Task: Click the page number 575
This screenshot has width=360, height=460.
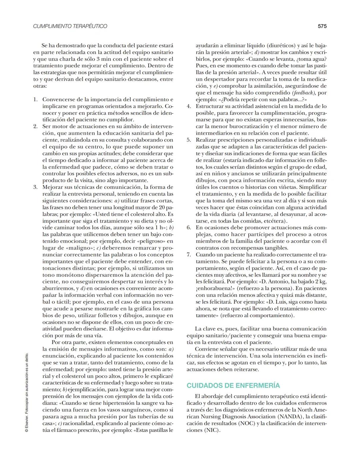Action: [x=322, y=26]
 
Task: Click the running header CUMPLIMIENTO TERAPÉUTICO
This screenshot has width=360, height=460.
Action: [x=70, y=26]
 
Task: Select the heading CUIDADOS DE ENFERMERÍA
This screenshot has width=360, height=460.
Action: [x=233, y=386]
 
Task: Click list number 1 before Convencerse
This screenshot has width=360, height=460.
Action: [x=36, y=99]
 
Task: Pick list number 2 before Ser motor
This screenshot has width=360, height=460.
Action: [x=36, y=126]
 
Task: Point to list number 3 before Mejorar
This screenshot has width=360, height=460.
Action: [x=36, y=187]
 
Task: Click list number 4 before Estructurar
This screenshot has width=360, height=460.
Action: [x=189, y=106]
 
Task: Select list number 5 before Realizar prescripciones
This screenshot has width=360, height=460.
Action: [x=189, y=140]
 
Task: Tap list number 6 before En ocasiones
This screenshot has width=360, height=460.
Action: [x=189, y=228]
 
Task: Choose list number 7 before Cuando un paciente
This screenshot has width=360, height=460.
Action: [x=189, y=255]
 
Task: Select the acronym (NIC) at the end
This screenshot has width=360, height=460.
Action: [x=212, y=430]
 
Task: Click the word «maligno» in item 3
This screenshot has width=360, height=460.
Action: [x=75, y=248]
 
